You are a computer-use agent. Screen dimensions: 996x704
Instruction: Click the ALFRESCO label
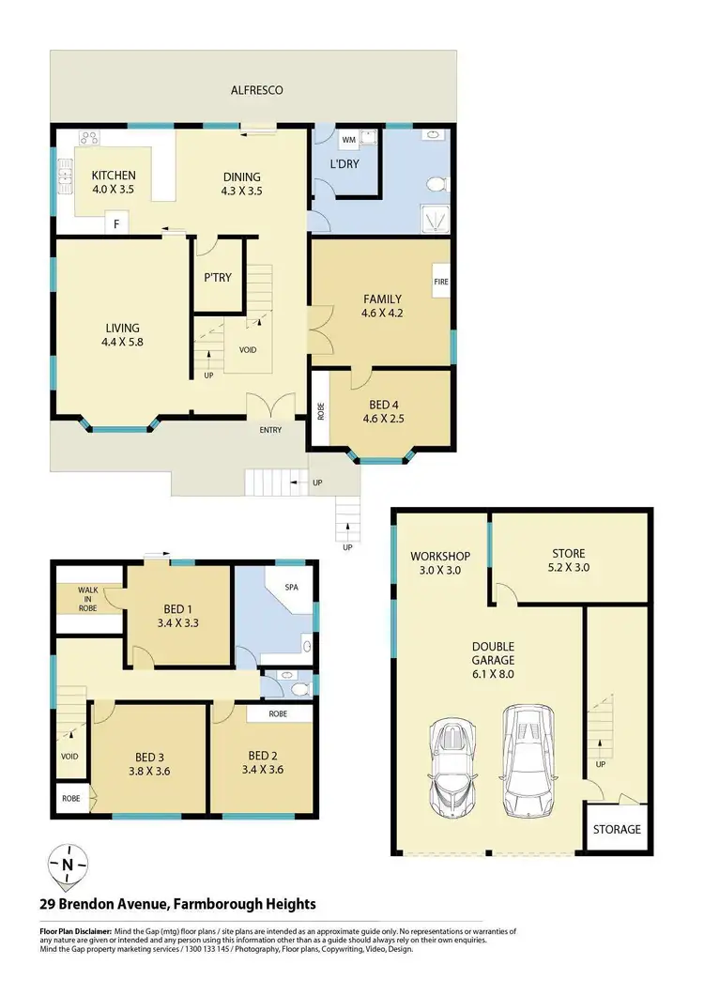257,90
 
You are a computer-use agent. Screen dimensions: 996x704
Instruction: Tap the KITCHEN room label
114,176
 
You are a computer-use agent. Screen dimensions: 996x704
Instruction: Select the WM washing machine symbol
348,140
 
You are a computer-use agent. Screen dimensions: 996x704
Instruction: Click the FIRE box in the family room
440,281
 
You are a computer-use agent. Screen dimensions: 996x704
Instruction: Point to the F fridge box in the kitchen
116,223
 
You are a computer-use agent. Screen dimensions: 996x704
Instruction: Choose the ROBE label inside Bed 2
280,713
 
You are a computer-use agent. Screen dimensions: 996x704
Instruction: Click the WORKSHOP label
439,557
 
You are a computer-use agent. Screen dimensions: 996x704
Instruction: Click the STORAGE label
616,829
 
